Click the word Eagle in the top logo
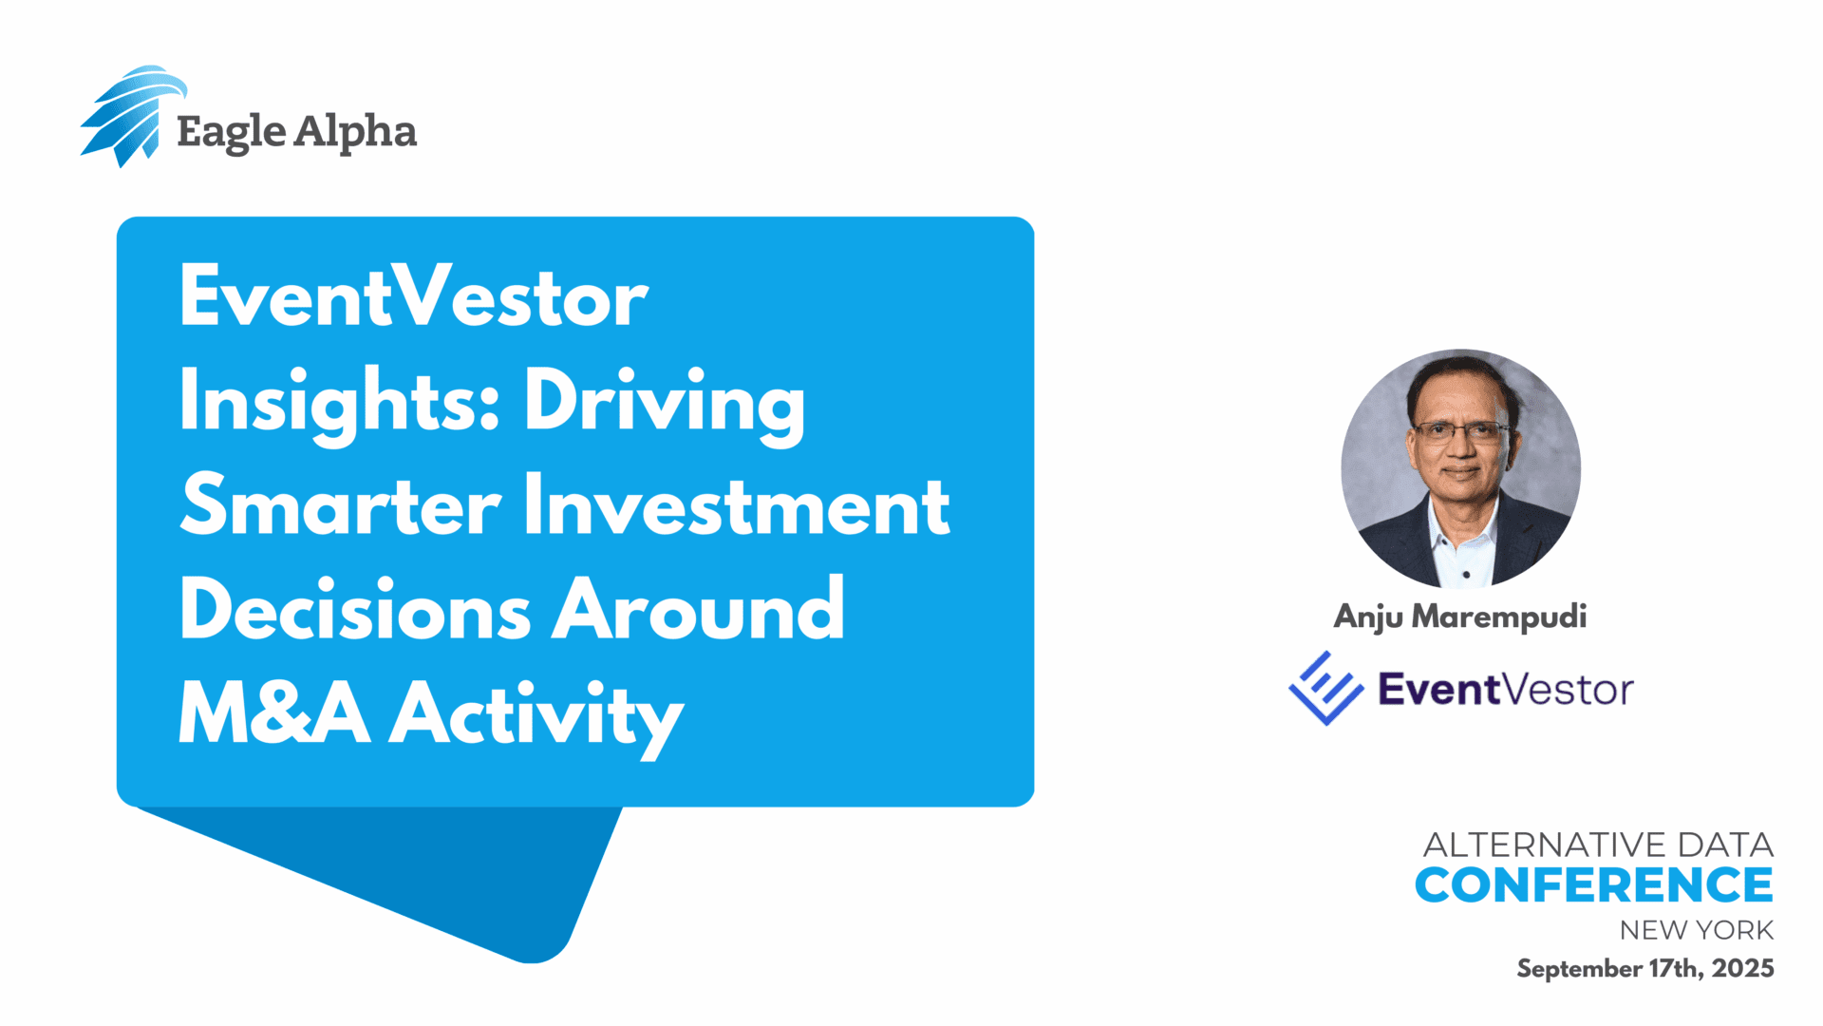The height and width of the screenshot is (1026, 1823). (231, 133)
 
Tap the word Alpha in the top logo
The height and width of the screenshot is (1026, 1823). (356, 132)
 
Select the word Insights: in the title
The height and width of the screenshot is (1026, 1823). (341, 403)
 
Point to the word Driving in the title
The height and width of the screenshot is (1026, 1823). (665, 403)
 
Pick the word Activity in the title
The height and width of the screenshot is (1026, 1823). (537, 718)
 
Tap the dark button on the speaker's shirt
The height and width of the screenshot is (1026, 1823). (1467, 575)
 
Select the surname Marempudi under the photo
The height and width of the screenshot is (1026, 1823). (1499, 617)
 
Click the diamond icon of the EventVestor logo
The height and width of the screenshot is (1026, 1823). (1325, 688)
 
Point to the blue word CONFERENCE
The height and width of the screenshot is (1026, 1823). (1594, 885)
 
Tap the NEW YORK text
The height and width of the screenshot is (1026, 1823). (1697, 930)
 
